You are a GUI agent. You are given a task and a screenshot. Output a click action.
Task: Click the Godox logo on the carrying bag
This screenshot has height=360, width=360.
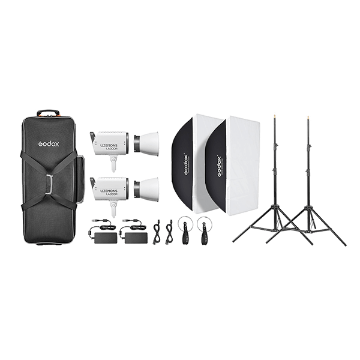(x=49, y=144)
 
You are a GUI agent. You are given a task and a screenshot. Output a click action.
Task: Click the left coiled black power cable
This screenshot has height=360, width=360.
(x=158, y=231)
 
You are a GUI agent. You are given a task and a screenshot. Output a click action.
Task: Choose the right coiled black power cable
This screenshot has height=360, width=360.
(x=169, y=231)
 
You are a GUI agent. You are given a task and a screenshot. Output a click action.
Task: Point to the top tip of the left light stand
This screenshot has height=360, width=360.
(x=275, y=112)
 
